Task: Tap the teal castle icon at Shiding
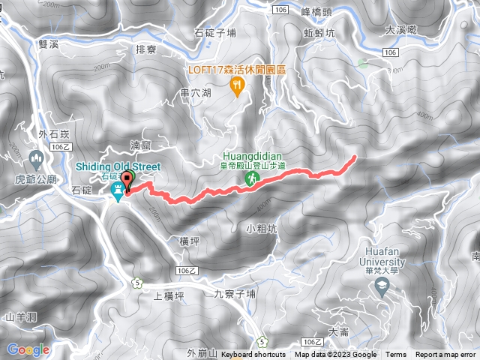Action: pyautogui.click(x=118, y=193)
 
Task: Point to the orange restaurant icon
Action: pyautogui.click(x=238, y=87)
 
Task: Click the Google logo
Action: pyautogui.click(x=28, y=349)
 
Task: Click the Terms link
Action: pyautogui.click(x=396, y=355)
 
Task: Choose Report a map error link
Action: pyautogui.click(x=446, y=355)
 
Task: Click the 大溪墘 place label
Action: pyautogui.click(x=400, y=29)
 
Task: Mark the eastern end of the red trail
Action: pyautogui.click(x=354, y=157)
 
